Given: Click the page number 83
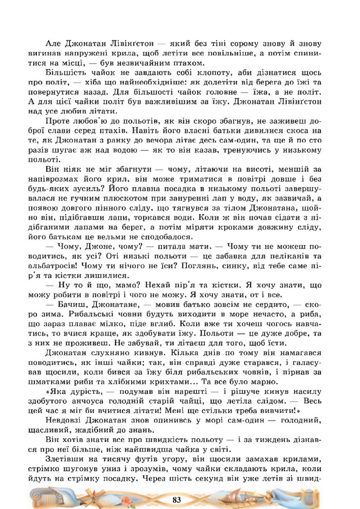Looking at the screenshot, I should pos(177,500).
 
